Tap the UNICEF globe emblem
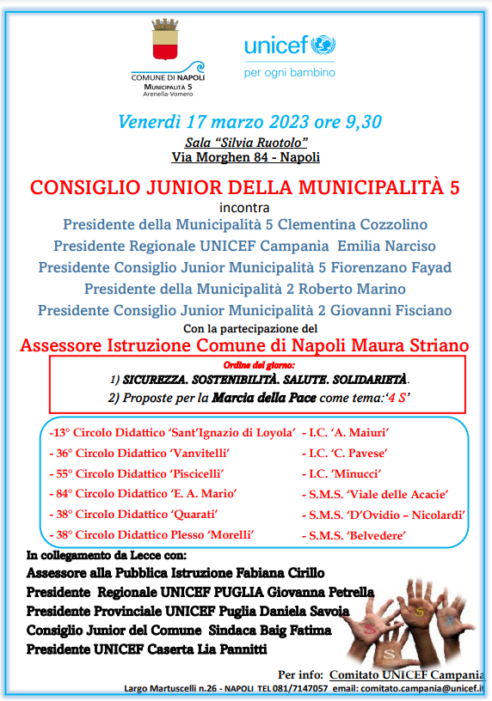[323, 46]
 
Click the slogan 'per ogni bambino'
[289, 72]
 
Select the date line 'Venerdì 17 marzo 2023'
[221, 121]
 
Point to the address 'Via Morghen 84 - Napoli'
[245, 157]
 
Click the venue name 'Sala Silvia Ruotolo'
[246, 142]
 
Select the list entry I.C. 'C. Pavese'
[345, 453]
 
